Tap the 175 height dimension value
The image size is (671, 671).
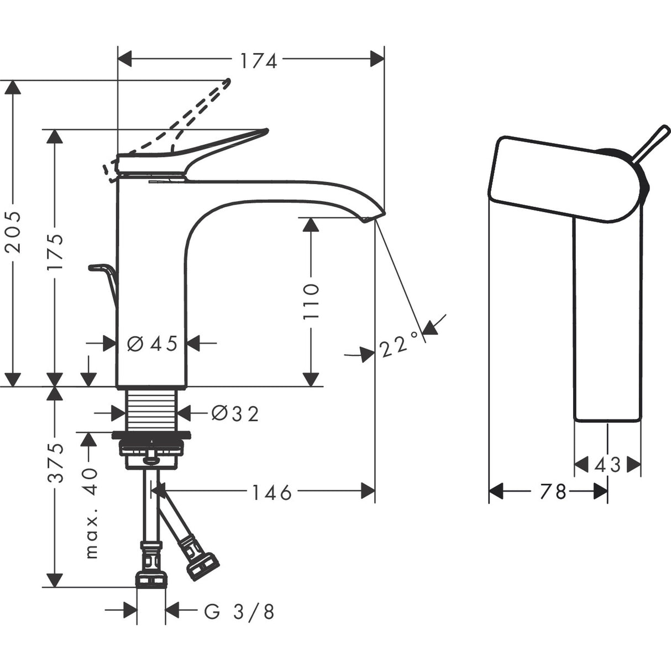click(55, 252)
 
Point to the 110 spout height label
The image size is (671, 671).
click(311, 301)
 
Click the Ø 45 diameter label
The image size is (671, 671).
click(153, 344)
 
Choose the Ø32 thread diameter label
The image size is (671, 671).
click(235, 413)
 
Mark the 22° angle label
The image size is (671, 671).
click(399, 347)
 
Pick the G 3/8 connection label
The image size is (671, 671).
click(239, 611)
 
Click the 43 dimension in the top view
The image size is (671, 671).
click(607, 465)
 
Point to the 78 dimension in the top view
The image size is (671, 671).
click(552, 491)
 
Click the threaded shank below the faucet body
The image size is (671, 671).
click(151, 409)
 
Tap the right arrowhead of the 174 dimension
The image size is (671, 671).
click(377, 59)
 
